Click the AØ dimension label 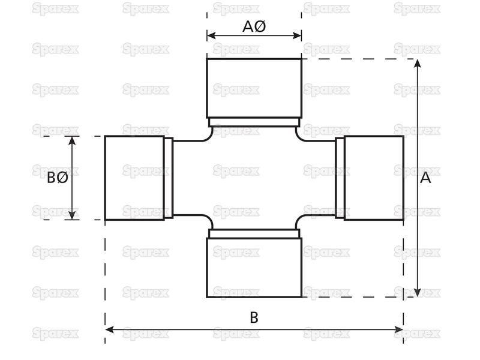tap(254, 26)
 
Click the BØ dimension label tap(58, 178)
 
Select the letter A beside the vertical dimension tap(425, 178)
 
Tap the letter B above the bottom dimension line tap(254, 317)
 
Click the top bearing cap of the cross tap(254, 88)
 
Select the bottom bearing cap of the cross tap(254, 268)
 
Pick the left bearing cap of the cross tap(134, 178)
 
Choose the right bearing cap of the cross tap(374, 178)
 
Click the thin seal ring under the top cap tap(254, 122)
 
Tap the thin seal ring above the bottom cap tap(254, 233)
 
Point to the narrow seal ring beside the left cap tap(169, 178)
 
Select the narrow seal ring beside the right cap tap(340, 178)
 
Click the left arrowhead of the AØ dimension tap(211, 36)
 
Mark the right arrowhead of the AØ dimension tap(297, 36)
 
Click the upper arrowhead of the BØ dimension tap(72, 141)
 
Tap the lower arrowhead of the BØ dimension tap(72, 215)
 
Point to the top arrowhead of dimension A tap(417, 64)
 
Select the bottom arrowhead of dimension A tap(417, 292)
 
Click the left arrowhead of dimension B tap(110, 329)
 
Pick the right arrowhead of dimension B tap(399, 329)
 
